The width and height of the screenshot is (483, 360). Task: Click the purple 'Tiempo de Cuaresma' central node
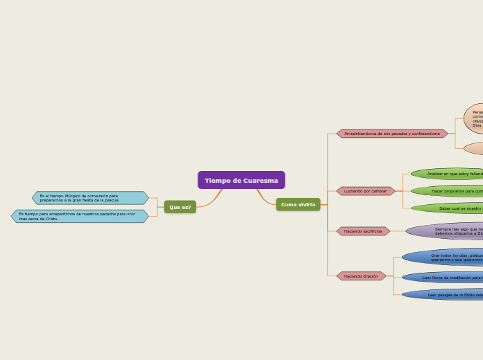(x=241, y=180)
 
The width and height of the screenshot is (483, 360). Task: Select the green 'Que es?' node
(x=180, y=207)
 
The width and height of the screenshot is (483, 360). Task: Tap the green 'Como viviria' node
(x=298, y=204)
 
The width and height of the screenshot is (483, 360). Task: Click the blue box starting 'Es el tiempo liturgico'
(x=90, y=198)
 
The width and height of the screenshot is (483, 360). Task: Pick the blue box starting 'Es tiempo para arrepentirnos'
(x=80, y=216)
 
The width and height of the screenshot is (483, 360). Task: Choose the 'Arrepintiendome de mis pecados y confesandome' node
(x=392, y=133)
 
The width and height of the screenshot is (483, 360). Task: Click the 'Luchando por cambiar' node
(x=366, y=190)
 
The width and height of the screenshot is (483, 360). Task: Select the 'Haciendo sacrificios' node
(x=363, y=231)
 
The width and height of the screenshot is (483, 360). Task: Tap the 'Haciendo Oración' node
(x=361, y=276)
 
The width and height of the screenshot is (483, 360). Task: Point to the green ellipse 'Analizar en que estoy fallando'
(x=450, y=174)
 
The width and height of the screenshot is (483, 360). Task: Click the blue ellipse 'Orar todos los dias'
(x=447, y=258)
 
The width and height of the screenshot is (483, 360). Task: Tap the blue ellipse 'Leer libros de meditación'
(x=447, y=277)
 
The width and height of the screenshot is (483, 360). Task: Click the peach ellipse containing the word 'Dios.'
(x=474, y=118)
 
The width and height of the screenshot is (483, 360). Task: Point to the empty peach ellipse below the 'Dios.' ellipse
(x=475, y=148)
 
